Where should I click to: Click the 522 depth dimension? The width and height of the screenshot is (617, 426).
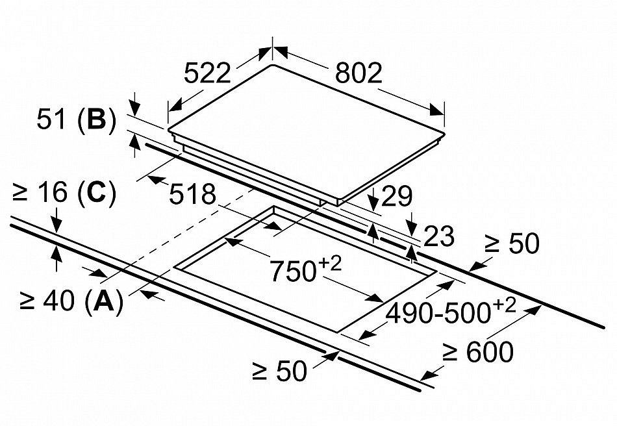207,73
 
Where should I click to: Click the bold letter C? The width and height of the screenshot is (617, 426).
95,194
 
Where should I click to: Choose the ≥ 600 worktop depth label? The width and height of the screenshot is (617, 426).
478,353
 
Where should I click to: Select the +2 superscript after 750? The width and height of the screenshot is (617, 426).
329,262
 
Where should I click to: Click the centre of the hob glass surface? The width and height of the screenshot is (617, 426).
305,130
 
